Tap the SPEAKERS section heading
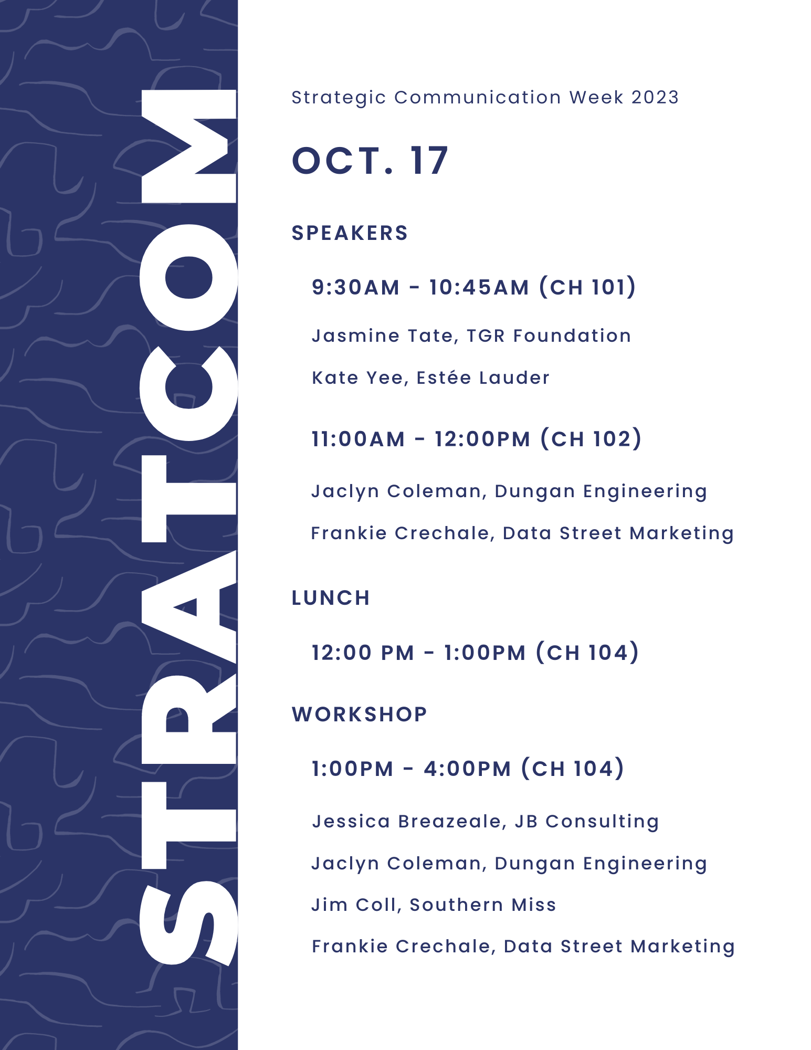(350, 233)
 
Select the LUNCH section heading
(331, 598)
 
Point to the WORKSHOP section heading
(360, 715)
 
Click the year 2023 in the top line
(655, 97)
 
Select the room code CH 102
(591, 439)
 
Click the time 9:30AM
(355, 287)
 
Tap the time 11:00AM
(358, 439)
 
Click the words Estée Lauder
(483, 377)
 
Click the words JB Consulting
(586, 822)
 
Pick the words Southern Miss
(482, 905)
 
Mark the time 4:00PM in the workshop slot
(467, 769)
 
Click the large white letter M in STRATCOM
(189, 146)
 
